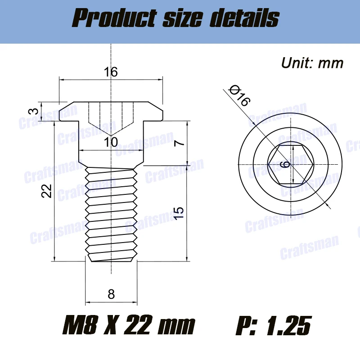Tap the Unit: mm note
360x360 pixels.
click(312, 63)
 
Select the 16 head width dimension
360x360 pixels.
click(111, 72)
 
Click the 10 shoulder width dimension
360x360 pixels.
click(111, 143)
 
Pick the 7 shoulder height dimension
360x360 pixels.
click(179, 143)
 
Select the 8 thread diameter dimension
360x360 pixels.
click(111, 294)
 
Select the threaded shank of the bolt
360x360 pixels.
click(111, 211)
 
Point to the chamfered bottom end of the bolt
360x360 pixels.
click(111, 258)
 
